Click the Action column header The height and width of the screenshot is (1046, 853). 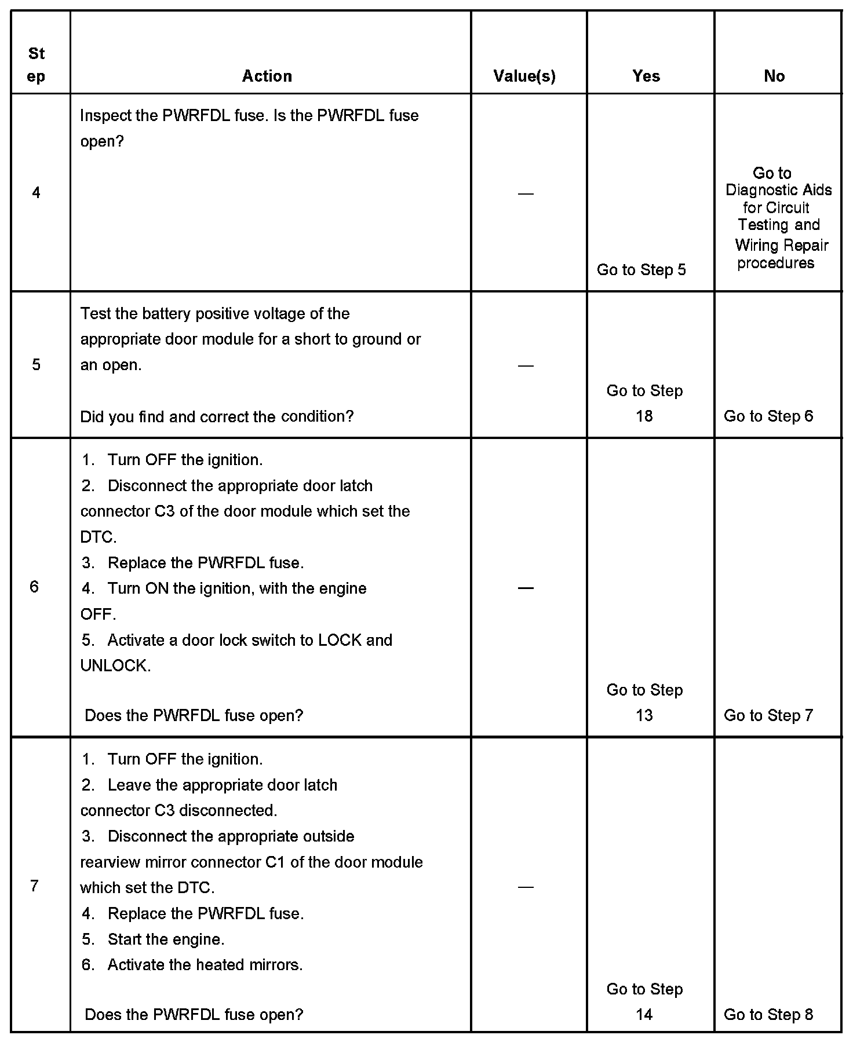(x=267, y=76)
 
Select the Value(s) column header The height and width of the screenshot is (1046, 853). (x=524, y=76)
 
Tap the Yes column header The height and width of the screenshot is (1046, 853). (x=646, y=76)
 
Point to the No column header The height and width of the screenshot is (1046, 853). (x=774, y=76)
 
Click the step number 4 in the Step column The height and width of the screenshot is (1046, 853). (x=36, y=193)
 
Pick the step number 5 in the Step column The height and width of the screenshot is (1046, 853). (x=36, y=365)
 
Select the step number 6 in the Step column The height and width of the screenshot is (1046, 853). (x=34, y=587)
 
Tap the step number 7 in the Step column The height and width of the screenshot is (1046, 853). (x=34, y=886)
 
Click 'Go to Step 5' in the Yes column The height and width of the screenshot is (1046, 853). (x=641, y=270)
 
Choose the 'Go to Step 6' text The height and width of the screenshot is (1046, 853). (x=768, y=416)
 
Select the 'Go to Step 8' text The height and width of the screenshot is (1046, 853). (x=768, y=1015)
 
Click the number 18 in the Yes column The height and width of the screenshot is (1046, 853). (x=644, y=416)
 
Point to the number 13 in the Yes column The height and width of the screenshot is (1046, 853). (x=644, y=716)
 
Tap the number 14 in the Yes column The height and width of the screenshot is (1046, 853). (x=644, y=1015)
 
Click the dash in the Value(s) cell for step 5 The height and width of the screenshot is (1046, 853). (x=526, y=365)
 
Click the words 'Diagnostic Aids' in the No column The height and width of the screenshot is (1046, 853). (x=778, y=190)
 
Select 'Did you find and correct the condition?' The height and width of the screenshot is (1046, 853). (x=217, y=416)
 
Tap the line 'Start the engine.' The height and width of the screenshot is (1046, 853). (x=166, y=939)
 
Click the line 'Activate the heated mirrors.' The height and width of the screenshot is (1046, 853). (x=205, y=965)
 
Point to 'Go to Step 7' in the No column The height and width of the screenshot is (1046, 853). (x=768, y=716)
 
